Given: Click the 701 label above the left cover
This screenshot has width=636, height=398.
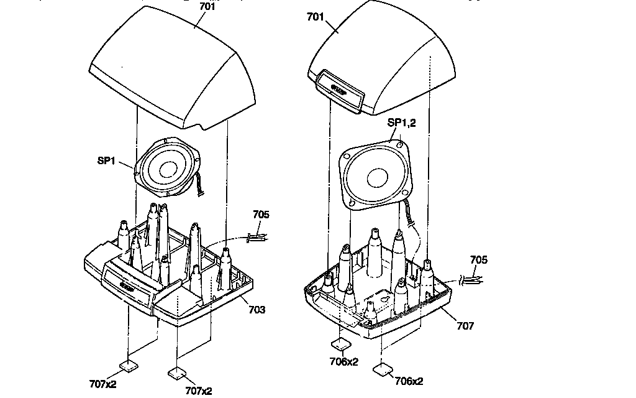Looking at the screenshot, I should pyautogui.click(x=207, y=7).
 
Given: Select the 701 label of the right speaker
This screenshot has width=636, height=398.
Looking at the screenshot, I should pyautogui.click(x=316, y=17).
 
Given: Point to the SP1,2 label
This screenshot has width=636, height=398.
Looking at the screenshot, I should pyautogui.click(x=401, y=123).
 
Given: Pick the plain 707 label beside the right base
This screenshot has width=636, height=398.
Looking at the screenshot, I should pyautogui.click(x=465, y=326).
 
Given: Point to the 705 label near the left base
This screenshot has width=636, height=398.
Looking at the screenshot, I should pyautogui.click(x=261, y=215).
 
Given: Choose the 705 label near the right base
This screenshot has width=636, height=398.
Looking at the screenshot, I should pyautogui.click(x=478, y=260).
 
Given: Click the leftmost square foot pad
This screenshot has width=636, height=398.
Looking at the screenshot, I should pyautogui.click(x=129, y=365).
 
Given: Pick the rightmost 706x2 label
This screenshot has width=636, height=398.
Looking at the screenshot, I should pyautogui.click(x=409, y=381).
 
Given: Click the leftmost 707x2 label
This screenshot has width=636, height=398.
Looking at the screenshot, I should pyautogui.click(x=103, y=384).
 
